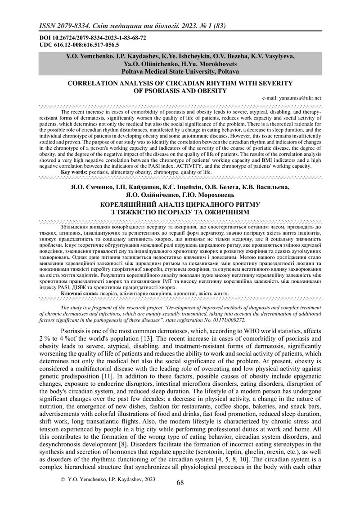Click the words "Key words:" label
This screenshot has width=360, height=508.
[x=74, y=172]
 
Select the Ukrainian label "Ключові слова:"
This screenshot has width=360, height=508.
[x=81, y=293]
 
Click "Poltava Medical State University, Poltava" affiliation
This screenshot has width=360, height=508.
[x=180, y=71]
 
